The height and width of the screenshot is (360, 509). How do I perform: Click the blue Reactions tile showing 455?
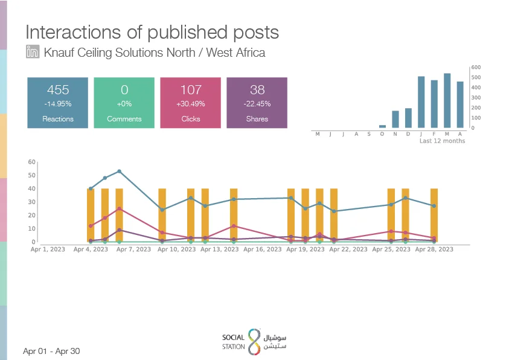point(58,103)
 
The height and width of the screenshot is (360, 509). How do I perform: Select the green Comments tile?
point(124,103)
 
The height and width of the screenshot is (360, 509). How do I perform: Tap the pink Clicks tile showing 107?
point(191,103)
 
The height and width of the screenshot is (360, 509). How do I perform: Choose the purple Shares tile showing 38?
point(257,103)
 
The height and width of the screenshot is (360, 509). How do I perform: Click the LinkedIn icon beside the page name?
point(33,51)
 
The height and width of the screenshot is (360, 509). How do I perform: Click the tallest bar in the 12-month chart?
point(447,101)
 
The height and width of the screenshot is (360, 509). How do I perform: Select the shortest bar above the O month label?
point(382,127)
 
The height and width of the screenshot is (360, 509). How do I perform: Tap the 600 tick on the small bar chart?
point(476,67)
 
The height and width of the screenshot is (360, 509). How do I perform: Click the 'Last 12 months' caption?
point(442,141)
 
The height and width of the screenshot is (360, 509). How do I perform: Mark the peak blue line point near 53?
point(119,171)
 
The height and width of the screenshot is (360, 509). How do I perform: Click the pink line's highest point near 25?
point(119,209)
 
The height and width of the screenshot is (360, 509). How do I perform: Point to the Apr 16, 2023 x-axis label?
point(262,249)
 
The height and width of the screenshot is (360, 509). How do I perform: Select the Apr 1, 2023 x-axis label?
point(48,249)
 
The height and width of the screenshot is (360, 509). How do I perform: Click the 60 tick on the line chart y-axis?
point(32,162)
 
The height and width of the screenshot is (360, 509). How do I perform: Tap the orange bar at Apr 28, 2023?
point(434,215)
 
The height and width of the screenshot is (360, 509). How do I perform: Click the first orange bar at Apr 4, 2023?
point(91,215)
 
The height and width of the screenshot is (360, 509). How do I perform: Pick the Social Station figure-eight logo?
point(254,341)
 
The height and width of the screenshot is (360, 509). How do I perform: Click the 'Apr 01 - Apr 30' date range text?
point(51,351)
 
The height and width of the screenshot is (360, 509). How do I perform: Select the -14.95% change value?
point(58,104)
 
